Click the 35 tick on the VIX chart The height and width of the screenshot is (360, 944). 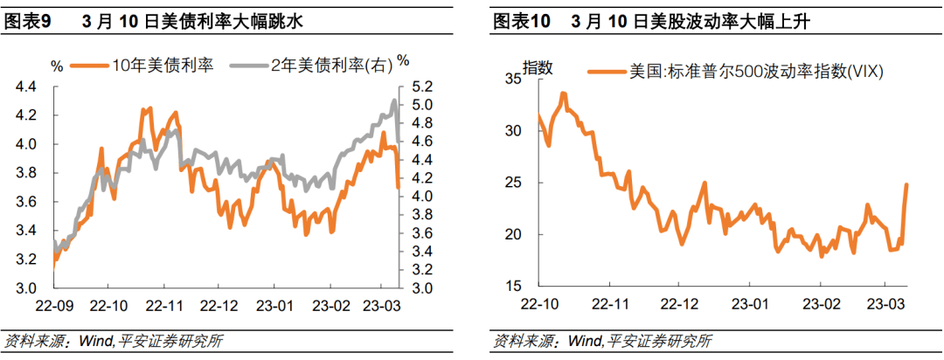pos(514,80)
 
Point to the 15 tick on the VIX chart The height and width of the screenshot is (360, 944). pos(514,287)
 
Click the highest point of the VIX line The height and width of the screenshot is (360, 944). pos(563,93)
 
